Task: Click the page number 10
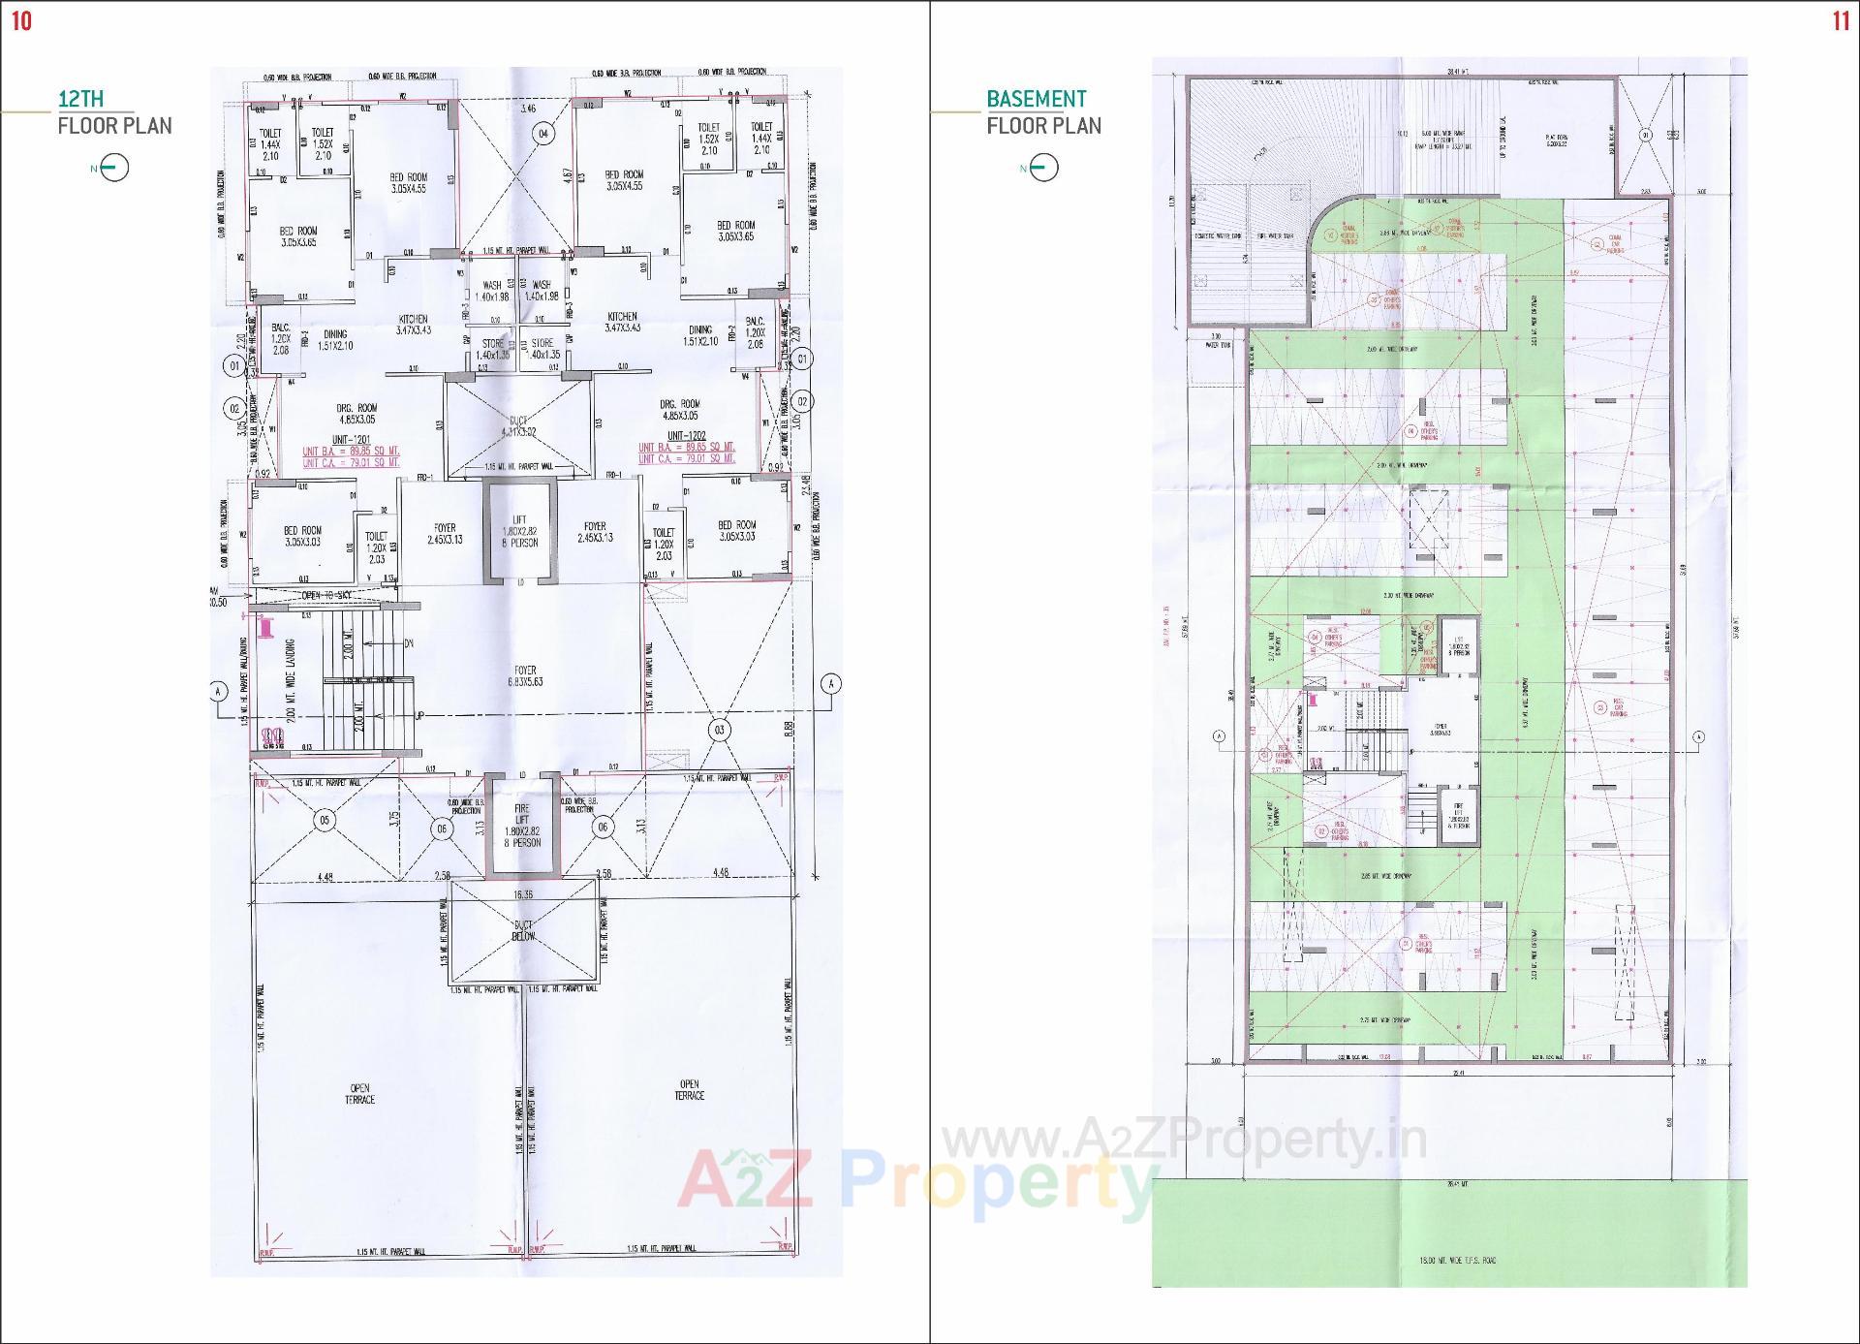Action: pyautogui.click(x=21, y=21)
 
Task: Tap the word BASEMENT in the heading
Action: pyautogui.click(x=1036, y=99)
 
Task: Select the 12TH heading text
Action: pyautogui.click(x=81, y=99)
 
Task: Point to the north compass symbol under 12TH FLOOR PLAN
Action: pyautogui.click(x=113, y=169)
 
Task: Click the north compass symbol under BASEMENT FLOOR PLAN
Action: pyautogui.click(x=1043, y=169)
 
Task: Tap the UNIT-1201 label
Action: pyautogui.click(x=350, y=439)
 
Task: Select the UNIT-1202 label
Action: pyautogui.click(x=686, y=436)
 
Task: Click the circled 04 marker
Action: pyautogui.click(x=544, y=135)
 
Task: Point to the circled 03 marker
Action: pyautogui.click(x=719, y=730)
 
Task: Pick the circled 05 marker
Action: pyautogui.click(x=325, y=821)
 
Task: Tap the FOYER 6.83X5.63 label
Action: pyautogui.click(x=525, y=675)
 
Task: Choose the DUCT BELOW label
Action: pyautogui.click(x=523, y=931)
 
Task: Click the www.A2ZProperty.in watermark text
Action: pyautogui.click(x=1186, y=1141)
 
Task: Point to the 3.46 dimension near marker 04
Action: pyautogui.click(x=528, y=109)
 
